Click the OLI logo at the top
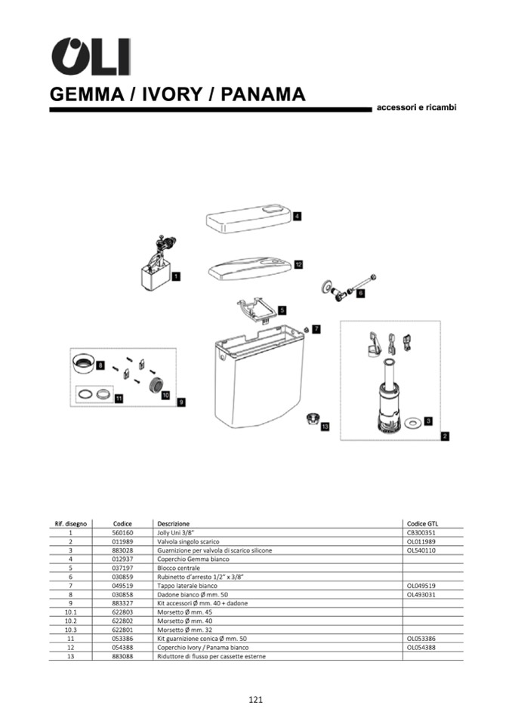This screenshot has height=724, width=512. point(91,56)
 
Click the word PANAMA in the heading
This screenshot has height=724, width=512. point(263,94)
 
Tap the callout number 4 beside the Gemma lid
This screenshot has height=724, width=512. point(298,216)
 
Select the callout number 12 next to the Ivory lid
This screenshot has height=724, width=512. point(298,264)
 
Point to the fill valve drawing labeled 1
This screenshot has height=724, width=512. point(156,264)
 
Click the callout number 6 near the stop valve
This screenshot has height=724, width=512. point(360,293)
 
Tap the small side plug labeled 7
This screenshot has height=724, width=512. point(306,329)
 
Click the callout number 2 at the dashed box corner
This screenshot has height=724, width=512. point(445,436)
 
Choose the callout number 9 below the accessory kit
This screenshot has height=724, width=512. point(181,402)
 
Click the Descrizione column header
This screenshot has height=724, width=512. point(173,524)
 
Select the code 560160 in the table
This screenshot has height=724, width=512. point(122,532)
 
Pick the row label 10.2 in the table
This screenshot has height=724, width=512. point(71,621)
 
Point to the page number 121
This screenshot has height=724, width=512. point(256,700)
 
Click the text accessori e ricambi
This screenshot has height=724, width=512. point(416,108)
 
